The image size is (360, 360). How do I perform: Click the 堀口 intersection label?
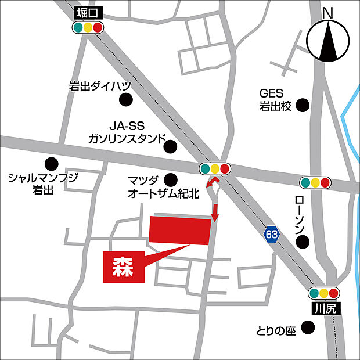[88, 13]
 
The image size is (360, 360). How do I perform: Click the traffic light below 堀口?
[88, 27]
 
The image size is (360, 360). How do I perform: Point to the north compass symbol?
[328, 39]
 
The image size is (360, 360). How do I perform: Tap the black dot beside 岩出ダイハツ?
[125, 100]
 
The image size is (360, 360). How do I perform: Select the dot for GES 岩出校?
[302, 105]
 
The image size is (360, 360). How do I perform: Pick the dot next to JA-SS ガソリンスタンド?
[170, 146]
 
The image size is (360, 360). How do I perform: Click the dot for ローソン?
[303, 242]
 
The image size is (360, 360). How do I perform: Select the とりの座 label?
[276, 332]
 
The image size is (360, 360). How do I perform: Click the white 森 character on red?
[123, 267]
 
